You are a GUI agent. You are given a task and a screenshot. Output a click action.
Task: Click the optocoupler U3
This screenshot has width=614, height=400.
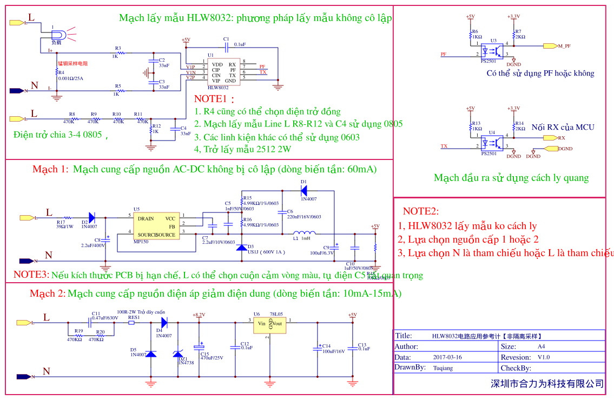click(493, 50)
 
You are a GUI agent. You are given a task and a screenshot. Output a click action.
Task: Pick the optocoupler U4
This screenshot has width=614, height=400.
click(493, 142)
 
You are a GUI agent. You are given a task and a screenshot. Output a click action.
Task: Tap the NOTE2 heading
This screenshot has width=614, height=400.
click(421, 211)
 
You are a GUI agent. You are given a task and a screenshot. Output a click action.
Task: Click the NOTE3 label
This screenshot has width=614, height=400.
click(31, 275)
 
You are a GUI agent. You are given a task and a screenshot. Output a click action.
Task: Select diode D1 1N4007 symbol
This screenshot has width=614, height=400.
click(303, 190)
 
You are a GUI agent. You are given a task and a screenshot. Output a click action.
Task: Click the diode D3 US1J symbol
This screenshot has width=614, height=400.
click(242, 247)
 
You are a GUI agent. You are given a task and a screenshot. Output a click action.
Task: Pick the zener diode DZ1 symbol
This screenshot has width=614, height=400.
click(178, 354)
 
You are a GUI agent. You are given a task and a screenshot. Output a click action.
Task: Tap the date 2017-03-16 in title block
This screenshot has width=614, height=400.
click(447, 357)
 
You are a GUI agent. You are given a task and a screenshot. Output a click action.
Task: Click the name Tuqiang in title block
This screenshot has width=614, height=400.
click(443, 368)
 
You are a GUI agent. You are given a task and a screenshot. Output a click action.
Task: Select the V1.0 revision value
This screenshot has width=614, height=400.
click(543, 357)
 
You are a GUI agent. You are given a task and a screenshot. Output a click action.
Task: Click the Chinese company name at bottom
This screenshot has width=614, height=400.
click(547, 384)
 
